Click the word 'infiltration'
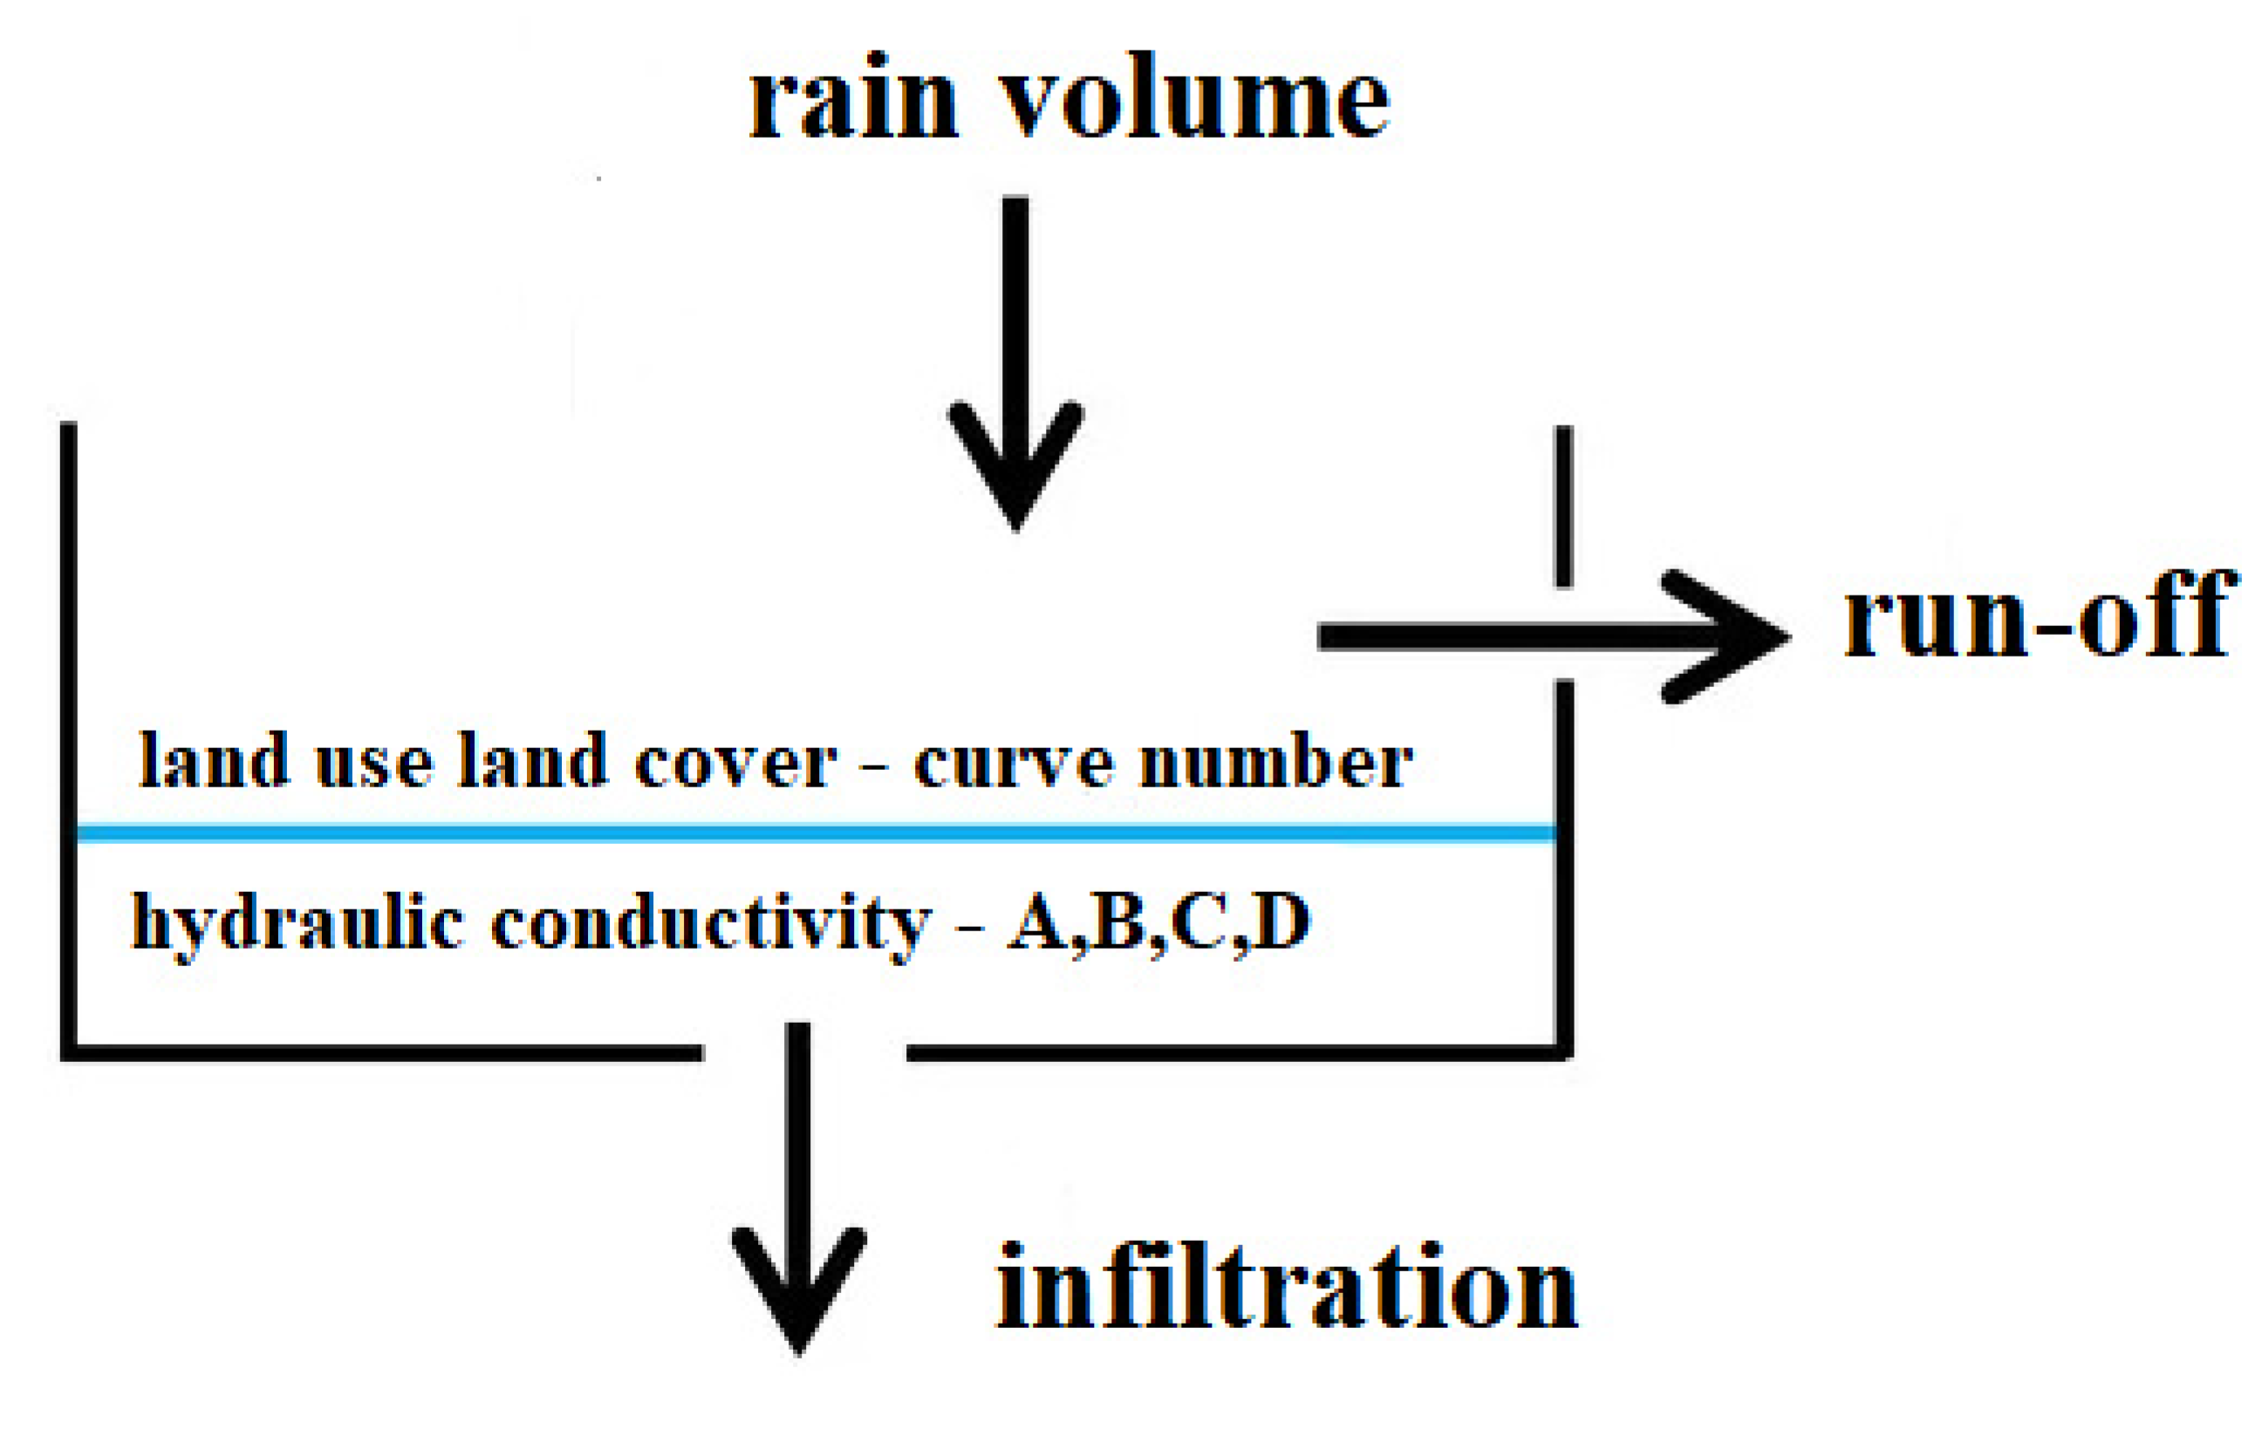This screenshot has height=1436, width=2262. [x=1286, y=1287]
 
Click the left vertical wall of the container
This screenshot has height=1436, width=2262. [x=69, y=732]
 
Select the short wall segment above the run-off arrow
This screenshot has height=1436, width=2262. [x=1564, y=507]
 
